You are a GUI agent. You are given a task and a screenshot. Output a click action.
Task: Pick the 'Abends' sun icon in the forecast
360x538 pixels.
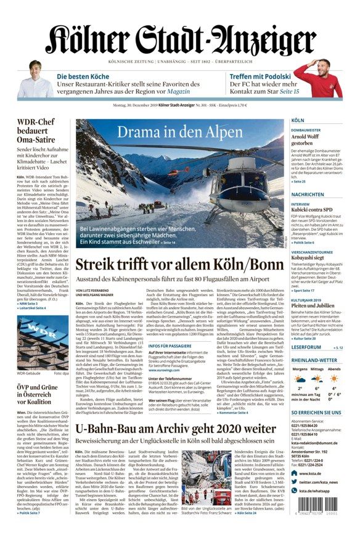click(333, 379)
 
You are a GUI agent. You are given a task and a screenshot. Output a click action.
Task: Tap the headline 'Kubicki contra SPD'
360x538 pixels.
click(313, 210)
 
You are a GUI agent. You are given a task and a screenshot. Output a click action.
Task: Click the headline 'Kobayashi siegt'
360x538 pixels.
click(309, 258)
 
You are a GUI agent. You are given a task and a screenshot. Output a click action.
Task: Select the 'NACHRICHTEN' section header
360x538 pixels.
click(308, 194)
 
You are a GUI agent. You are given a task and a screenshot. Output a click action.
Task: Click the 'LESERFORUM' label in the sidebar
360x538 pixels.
click(306, 347)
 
